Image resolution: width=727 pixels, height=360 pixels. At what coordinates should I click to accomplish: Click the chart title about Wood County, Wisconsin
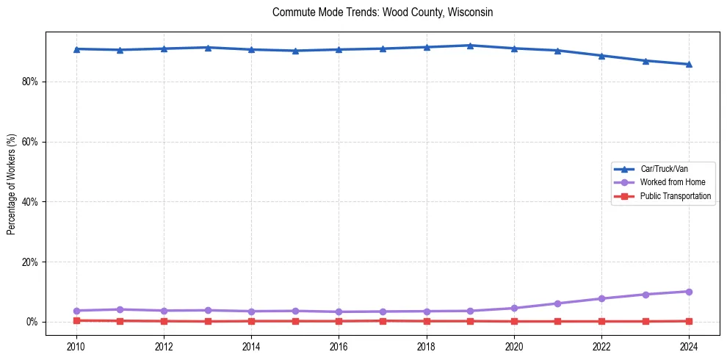382,12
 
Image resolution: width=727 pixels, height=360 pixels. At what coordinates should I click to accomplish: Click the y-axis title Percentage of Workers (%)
12,184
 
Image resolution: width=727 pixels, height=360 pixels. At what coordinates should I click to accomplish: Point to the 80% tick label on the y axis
29,82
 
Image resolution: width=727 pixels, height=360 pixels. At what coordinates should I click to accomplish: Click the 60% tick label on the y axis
29,142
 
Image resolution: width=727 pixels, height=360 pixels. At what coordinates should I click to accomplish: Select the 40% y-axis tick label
29,202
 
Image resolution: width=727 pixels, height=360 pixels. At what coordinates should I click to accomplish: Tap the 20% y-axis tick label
29,262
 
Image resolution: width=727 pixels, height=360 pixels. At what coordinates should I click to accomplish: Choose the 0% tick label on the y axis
32,323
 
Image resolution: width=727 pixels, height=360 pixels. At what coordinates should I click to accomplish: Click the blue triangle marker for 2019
470,46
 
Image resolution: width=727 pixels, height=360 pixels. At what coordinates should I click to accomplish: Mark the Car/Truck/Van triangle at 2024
689,64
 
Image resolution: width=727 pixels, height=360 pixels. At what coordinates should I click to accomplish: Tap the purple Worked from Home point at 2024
689,292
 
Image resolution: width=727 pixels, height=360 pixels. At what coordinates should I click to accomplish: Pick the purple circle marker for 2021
557,303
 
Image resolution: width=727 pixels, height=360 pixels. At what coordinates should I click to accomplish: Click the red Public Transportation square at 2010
76,320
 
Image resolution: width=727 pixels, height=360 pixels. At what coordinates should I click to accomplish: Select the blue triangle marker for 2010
76,49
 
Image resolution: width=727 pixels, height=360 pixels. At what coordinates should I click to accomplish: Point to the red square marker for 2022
601,321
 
